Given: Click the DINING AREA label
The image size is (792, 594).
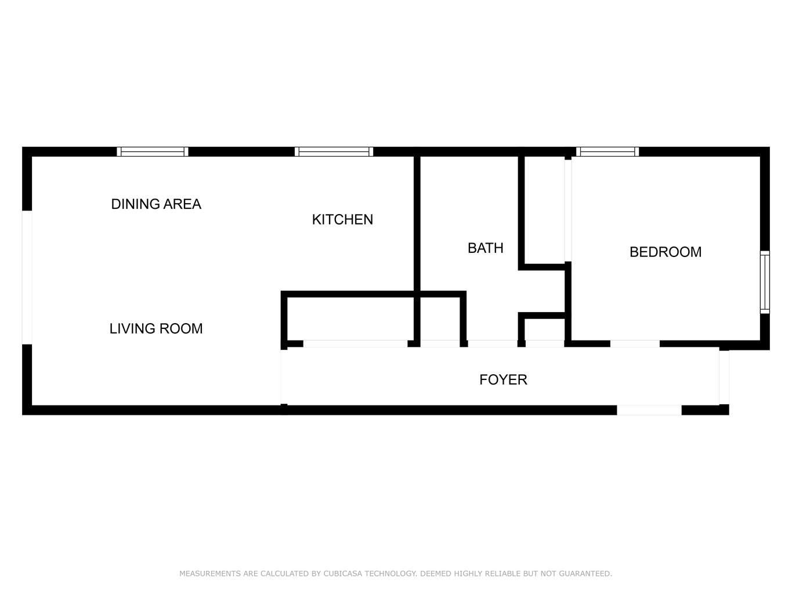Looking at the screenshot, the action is pos(156,204).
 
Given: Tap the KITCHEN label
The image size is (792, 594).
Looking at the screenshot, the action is pos(342,220).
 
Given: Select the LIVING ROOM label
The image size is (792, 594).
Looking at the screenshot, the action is pos(156,328).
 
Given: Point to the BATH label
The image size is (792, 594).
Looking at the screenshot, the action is pos(485,248).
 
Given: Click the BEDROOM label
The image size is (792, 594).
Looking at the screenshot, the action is pos(666,252).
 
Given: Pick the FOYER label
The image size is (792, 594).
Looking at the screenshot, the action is pos(503,380).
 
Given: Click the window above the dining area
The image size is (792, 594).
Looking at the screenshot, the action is pos(153,151).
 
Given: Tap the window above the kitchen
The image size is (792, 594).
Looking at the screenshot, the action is pos(334,151).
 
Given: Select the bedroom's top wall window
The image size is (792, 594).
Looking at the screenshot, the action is pos(607,151).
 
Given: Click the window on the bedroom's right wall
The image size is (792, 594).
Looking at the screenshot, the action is pos(765,282).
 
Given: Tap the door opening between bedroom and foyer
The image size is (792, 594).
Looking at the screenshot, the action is pos(635,344).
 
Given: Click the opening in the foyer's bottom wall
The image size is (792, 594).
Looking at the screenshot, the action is pos(649,410).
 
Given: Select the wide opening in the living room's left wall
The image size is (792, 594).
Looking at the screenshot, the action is pos(27,277).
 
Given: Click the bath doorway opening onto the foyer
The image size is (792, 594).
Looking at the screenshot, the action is pos(493,344).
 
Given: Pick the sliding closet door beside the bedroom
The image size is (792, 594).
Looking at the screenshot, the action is pos(568,211).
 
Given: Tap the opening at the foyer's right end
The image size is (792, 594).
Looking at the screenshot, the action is pos(724,378).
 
